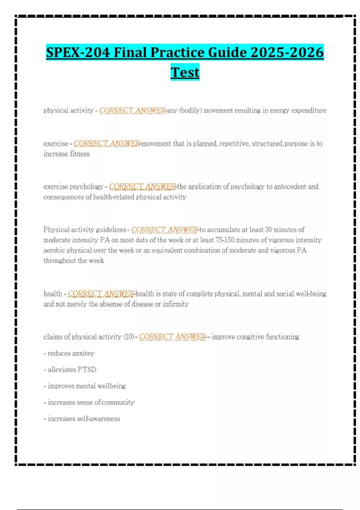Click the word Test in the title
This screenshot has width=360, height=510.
tap(185, 72)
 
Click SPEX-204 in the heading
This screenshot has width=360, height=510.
tap(78, 52)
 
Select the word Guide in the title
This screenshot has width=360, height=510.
tap(228, 52)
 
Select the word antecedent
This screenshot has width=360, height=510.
tap(289, 187)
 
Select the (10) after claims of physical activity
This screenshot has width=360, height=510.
tap(129, 337)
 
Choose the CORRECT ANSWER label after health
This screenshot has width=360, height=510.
tap(101, 294)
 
